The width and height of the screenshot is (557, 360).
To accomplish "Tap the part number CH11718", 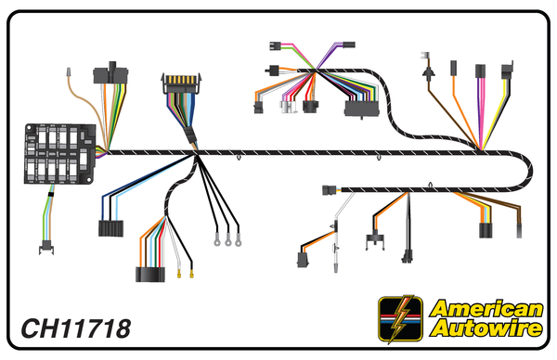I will pyautogui.click(x=74, y=328).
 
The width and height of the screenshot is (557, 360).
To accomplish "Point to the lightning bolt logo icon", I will pyautogui.click(x=401, y=319).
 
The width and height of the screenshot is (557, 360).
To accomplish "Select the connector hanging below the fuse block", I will pyautogui.click(x=44, y=247).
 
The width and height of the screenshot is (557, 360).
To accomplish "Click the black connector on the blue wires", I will pyautogui.click(x=111, y=227).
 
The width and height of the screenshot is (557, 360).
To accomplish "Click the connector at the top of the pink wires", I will pyautogui.click(x=482, y=72).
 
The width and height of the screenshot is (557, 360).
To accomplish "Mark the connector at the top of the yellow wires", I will pyautogui.click(x=507, y=71).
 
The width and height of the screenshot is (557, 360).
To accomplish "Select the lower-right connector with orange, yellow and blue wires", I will pyautogui.click(x=485, y=230).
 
